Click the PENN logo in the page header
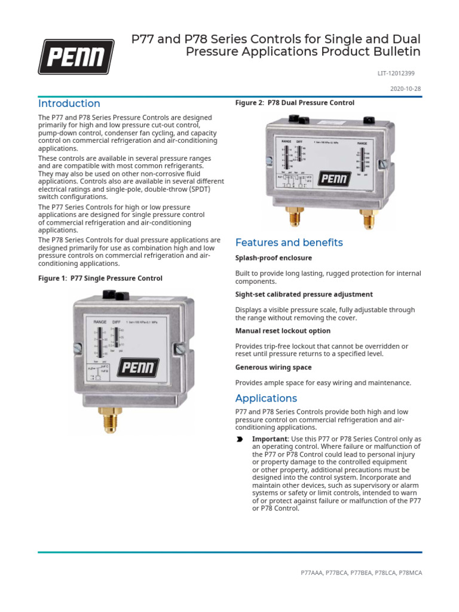click(76, 57)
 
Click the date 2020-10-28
click(406, 88)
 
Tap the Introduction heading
click(69, 103)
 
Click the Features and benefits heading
click(289, 243)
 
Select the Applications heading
click(265, 398)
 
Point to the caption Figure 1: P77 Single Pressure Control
click(100, 279)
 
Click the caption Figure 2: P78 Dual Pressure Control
click(295, 103)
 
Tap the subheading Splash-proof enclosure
click(273, 258)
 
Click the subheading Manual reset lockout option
click(283, 331)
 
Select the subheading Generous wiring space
click(273, 368)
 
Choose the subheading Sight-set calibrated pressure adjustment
click(304, 295)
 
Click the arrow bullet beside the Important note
click(240, 439)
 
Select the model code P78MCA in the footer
click(410, 573)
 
